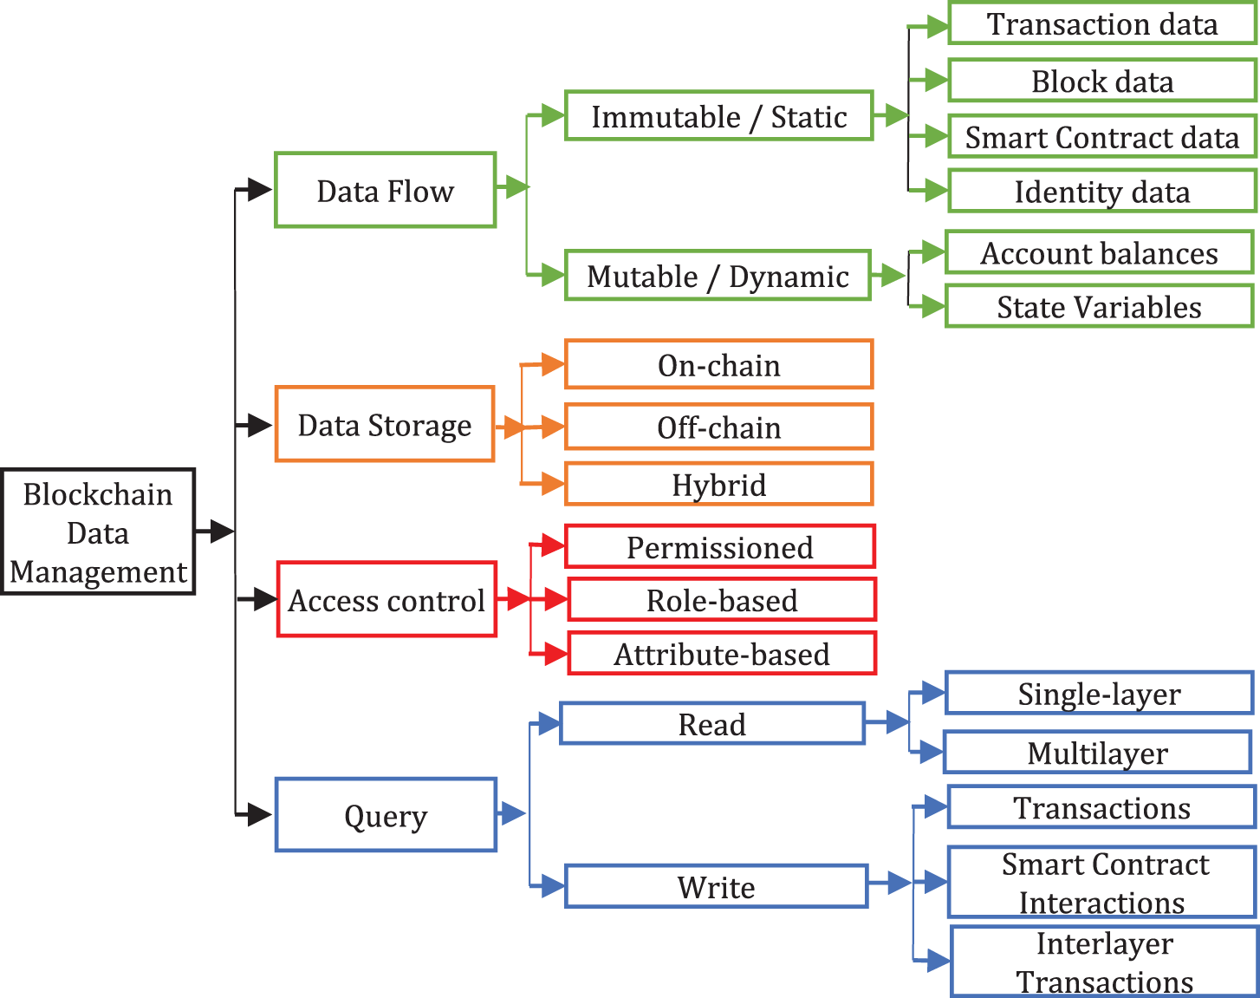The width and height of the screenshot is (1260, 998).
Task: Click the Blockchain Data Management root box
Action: click(98, 532)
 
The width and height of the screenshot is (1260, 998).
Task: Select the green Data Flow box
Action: click(385, 191)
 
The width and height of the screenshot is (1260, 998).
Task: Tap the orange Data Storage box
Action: click(385, 425)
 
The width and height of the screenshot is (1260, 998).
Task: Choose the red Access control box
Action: click(386, 600)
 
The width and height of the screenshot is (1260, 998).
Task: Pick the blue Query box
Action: click(386, 815)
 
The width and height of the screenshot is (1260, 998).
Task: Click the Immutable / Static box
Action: click(718, 116)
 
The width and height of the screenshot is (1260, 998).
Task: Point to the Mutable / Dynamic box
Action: click(718, 276)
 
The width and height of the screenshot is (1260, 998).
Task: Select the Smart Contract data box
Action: click(1101, 137)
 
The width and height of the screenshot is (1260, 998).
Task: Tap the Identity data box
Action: click(1101, 192)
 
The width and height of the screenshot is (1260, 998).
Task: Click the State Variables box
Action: click(1099, 307)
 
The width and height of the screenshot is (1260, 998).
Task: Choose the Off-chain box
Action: click(718, 427)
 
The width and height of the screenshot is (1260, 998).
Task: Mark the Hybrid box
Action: click(718, 485)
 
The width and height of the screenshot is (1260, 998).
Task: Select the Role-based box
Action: click(721, 600)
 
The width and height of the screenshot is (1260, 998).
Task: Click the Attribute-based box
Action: click(721, 654)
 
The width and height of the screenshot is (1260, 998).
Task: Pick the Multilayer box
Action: click(1097, 753)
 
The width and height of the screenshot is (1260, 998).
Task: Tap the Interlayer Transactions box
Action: click(1104, 962)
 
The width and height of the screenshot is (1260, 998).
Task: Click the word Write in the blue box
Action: click(716, 887)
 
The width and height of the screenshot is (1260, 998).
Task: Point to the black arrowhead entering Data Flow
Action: click(258, 190)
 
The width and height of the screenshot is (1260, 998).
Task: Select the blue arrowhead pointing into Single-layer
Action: click(932, 693)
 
